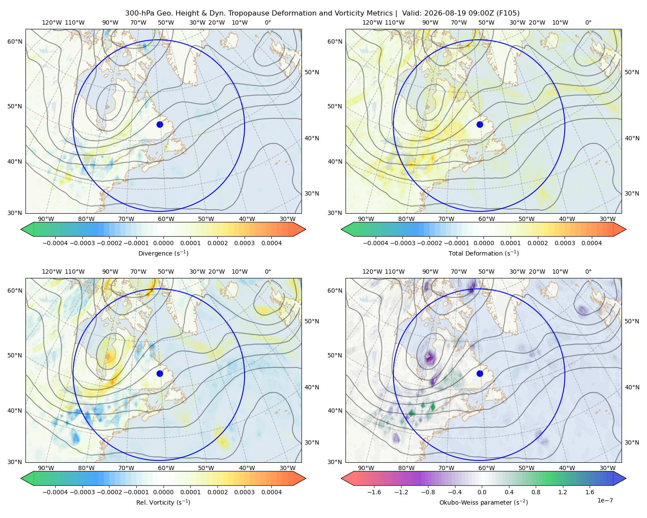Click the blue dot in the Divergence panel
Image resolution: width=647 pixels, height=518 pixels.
[160, 124]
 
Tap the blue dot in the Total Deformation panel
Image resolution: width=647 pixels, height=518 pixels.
[480, 124]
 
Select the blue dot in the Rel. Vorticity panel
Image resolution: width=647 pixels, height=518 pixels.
[160, 373]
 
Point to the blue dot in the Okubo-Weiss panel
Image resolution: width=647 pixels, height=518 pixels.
[480, 373]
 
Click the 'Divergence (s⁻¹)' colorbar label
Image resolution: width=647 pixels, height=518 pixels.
[163, 253]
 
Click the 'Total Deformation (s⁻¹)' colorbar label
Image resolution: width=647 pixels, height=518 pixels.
[484, 253]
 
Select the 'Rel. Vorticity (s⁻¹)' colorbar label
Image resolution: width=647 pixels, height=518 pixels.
[163, 502]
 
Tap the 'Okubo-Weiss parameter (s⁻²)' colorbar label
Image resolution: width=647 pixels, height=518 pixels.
[484, 502]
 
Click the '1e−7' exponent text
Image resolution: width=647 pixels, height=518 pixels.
[605, 500]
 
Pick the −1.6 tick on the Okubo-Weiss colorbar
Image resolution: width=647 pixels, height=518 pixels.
[374, 492]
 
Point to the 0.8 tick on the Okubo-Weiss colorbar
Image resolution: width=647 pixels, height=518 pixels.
[536, 492]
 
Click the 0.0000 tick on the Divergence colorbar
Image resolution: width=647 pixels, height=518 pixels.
[163, 243]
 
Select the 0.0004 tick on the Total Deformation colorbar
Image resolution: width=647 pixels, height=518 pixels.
[591, 243]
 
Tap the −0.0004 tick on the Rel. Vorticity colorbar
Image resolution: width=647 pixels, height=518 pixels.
[55, 492]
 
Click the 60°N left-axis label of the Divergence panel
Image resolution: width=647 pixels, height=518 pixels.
[15, 41]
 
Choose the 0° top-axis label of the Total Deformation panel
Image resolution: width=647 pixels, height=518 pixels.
[588, 22]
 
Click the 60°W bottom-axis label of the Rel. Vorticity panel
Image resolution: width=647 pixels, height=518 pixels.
[166, 468]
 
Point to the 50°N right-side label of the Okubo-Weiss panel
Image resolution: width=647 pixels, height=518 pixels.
[631, 321]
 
